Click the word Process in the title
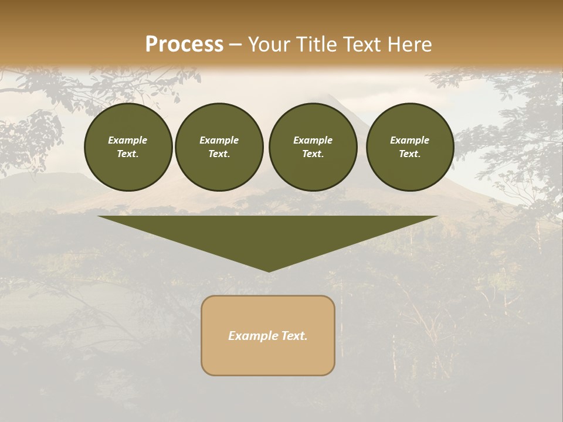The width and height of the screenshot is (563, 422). [184, 45]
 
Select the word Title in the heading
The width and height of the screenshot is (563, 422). [317, 45]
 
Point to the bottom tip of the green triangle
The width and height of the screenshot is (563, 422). [269, 271]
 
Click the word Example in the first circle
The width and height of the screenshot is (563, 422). [128, 140]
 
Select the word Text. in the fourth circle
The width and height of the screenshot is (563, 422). [410, 154]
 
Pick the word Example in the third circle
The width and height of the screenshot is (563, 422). [313, 140]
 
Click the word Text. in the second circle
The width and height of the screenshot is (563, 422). [219, 154]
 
